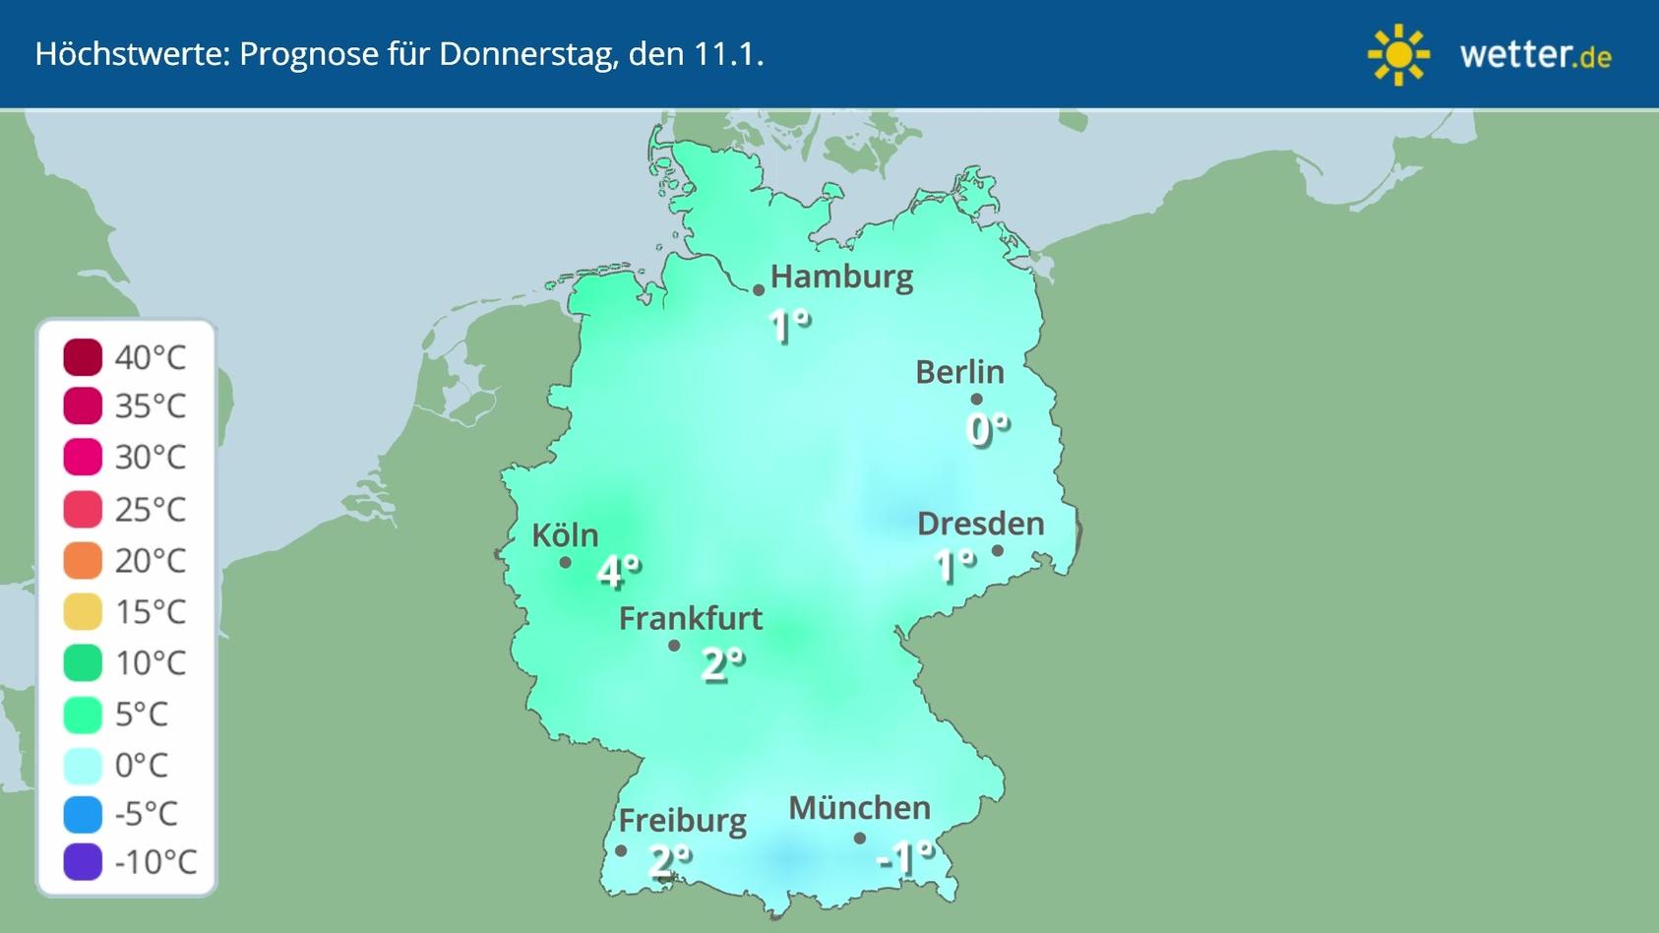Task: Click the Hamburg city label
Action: click(841, 277)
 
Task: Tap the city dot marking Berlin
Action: click(976, 399)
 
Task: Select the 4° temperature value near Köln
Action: click(619, 570)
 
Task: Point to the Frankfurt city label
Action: click(690, 618)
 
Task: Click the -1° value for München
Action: click(904, 857)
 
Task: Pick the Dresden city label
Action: click(980, 524)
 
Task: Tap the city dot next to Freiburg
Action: click(621, 851)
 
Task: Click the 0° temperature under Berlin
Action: click(988, 429)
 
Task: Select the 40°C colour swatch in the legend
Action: click(83, 356)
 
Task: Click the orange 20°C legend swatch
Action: click(83, 560)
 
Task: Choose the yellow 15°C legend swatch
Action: click(83, 611)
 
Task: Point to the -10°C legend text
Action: click(155, 862)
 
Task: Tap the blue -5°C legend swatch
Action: click(83, 814)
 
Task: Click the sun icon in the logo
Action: click(1397, 55)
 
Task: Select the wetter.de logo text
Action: click(1535, 55)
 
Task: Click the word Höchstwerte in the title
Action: click(131, 54)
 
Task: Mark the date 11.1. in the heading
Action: click(728, 54)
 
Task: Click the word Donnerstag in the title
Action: click(528, 54)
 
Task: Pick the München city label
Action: click(859, 808)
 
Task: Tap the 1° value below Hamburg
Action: click(789, 326)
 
